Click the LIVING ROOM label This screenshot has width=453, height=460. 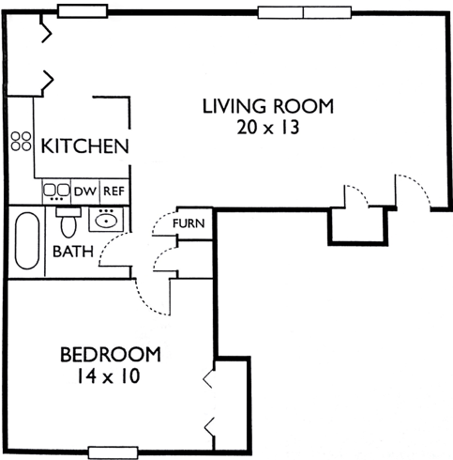click(268, 106)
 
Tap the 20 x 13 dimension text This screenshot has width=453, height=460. click(268, 128)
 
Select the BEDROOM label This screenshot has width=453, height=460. click(111, 355)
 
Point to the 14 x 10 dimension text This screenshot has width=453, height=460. click(108, 376)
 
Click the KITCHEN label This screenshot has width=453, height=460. click(84, 146)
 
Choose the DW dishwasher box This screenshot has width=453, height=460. click(85, 192)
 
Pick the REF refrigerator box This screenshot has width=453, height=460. click(114, 192)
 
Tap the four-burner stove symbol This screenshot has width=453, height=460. click(21, 141)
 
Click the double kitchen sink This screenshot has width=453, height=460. click(56, 191)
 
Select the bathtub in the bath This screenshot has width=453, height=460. click(27, 240)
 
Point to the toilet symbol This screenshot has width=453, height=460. click(68, 222)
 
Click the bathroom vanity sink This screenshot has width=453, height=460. click(106, 220)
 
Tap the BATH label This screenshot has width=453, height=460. click(73, 252)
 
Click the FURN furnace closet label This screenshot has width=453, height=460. click(189, 223)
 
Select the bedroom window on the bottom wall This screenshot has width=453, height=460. click(113, 452)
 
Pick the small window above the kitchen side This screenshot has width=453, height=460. click(83, 11)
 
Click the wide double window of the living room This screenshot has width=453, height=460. click(305, 12)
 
